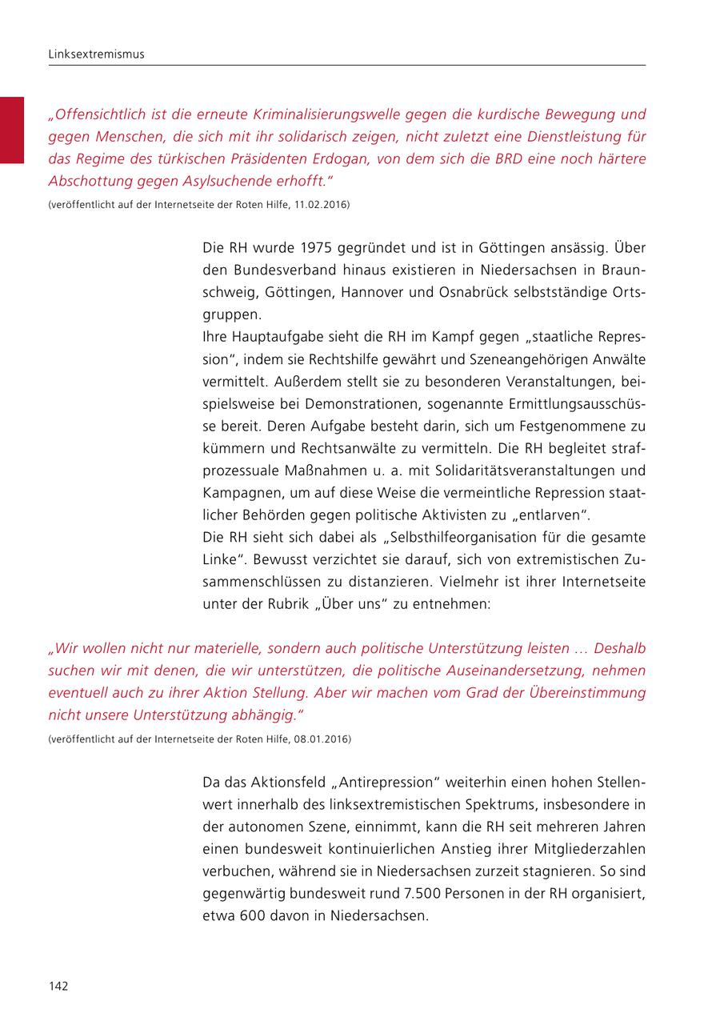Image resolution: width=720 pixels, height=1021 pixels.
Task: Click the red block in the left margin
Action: point(12,130)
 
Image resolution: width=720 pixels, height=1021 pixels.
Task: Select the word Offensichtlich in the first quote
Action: point(94,114)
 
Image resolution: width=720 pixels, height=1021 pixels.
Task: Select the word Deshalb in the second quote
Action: point(615,647)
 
